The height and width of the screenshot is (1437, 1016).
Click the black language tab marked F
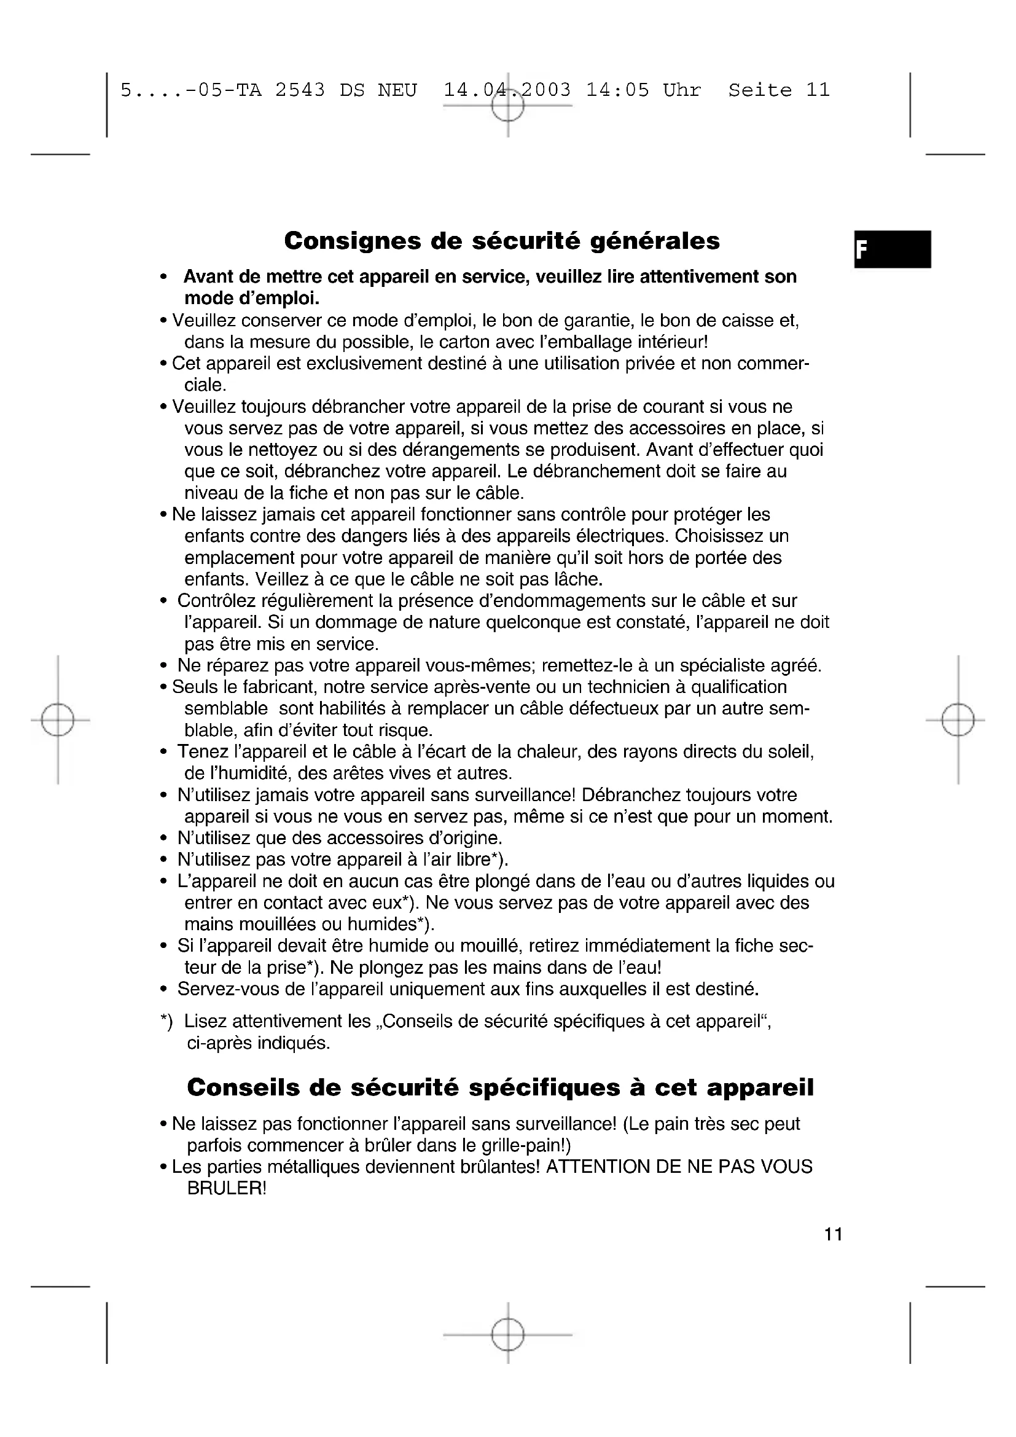[892, 249]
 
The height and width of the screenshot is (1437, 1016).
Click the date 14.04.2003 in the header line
[507, 91]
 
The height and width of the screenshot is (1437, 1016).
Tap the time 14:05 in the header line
[617, 91]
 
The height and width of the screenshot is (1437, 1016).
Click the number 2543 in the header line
[300, 91]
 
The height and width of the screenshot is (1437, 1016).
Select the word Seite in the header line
[759, 91]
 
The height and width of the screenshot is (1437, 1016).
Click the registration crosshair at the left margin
[58, 720]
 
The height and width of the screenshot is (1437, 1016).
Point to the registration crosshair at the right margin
[958, 720]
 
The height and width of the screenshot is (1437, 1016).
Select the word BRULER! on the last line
[227, 1188]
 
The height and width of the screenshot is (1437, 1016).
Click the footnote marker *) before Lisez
[166, 1022]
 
